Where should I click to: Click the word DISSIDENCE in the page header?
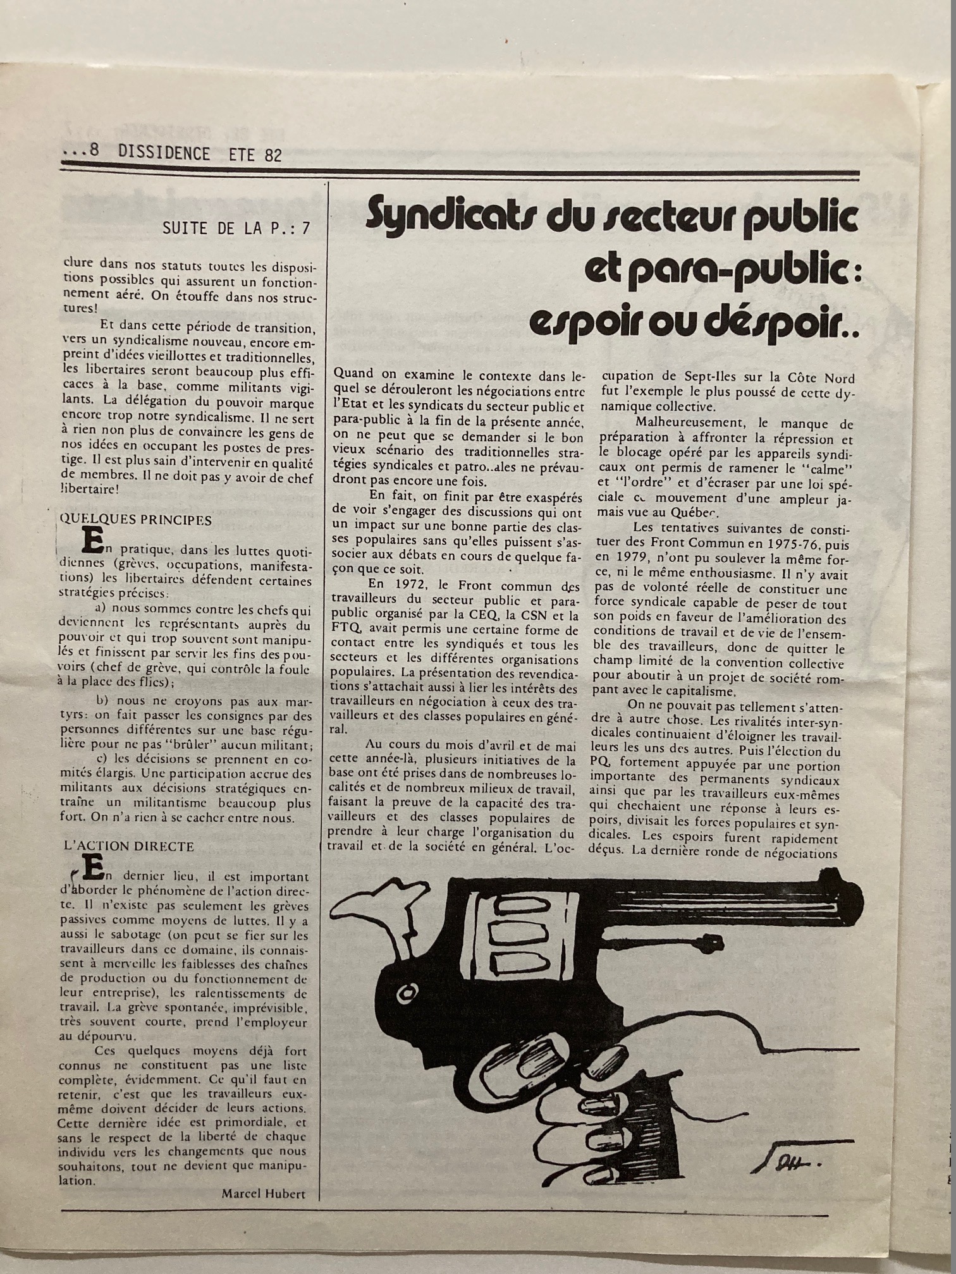164,154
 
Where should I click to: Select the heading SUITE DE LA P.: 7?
236,228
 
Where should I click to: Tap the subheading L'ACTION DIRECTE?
129,846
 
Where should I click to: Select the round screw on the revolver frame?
405,993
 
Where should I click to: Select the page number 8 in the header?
95,153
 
